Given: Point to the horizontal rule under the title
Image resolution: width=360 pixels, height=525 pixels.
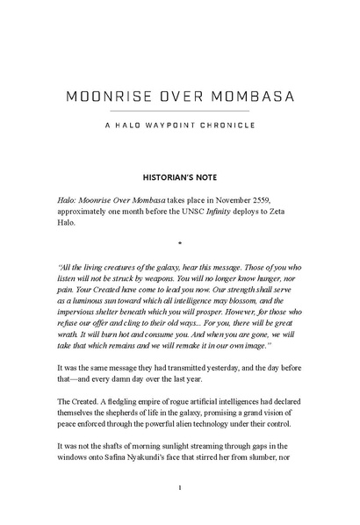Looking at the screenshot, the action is pos(179,111).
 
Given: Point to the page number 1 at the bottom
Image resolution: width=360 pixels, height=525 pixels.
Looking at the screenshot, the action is pos(179,487).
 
